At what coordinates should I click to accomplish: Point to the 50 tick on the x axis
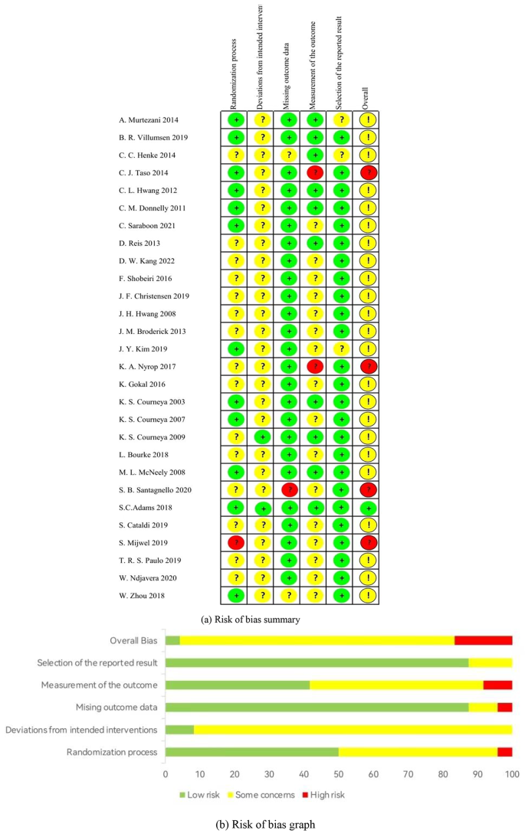[x=339, y=773]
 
